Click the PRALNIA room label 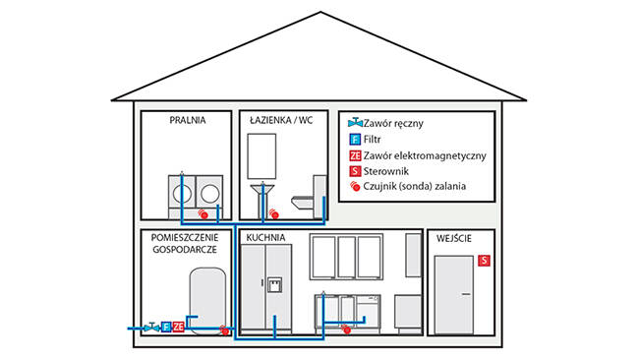pos(188,120)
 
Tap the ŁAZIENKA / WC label pos(281,120)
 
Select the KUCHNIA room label pos(265,238)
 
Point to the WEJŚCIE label pos(454,238)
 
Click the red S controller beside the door pos(484,260)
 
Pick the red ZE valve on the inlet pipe pos(178,327)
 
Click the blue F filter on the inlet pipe pos(166,327)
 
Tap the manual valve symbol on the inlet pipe pos(151,327)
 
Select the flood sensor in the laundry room pos(203,213)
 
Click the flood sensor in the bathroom pos(274,213)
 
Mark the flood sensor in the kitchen pos(346,329)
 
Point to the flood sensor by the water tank pos(224,330)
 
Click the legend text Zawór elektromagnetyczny pos(425,155)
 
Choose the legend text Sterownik pos(386,171)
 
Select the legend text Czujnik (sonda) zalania pos(415,186)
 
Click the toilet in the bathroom pos(310,198)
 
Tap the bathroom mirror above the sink pos(261,156)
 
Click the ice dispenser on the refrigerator pos(274,285)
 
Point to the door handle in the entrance pos(466,294)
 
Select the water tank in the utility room pos(207,301)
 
